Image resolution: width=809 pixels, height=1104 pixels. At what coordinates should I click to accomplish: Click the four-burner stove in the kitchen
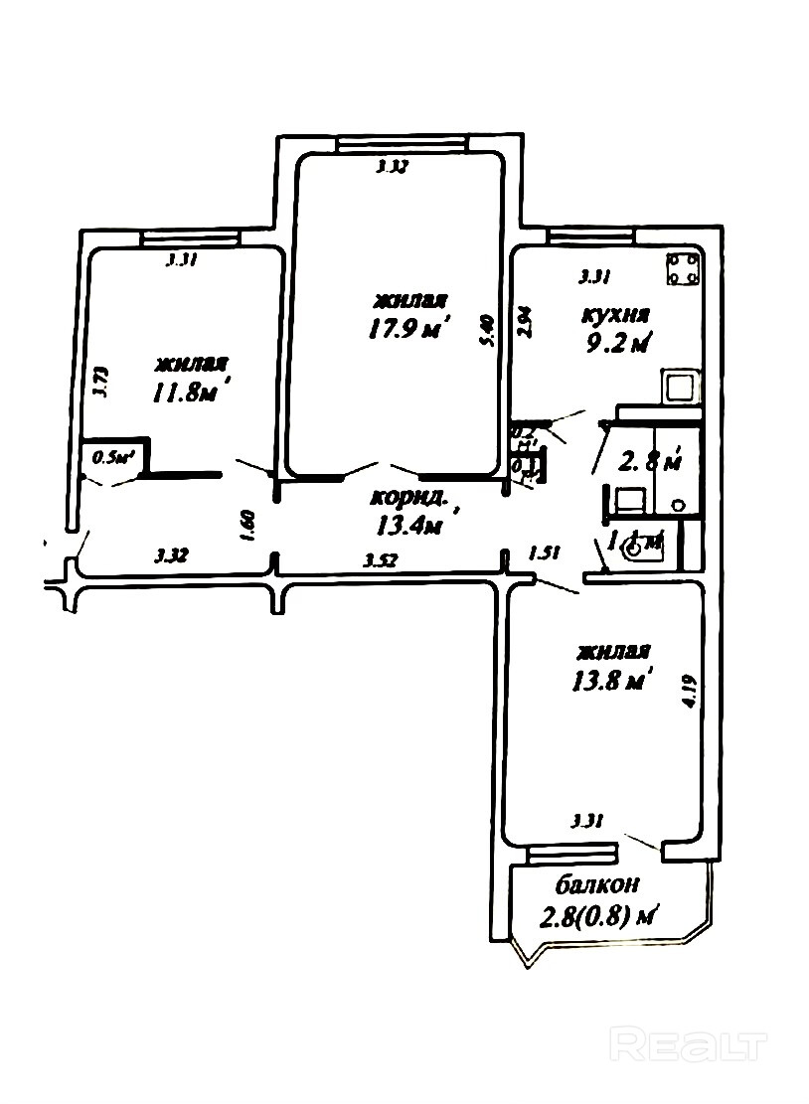pyautogui.click(x=683, y=269)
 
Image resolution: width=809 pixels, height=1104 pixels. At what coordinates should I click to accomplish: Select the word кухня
pyautogui.click(x=615, y=316)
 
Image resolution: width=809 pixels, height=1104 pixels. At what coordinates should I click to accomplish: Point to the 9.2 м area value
pyautogui.click(x=617, y=344)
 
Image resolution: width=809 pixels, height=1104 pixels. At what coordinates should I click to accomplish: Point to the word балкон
pyautogui.click(x=597, y=884)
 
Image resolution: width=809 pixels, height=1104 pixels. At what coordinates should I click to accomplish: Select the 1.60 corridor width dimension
pyautogui.click(x=249, y=525)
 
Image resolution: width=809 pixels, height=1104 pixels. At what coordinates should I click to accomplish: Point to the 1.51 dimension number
pyautogui.click(x=544, y=552)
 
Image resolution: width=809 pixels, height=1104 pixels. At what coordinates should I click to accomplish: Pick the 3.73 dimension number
pyautogui.click(x=99, y=383)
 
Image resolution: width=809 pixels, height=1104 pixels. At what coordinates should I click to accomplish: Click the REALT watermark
pyautogui.click(x=690, y=1045)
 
